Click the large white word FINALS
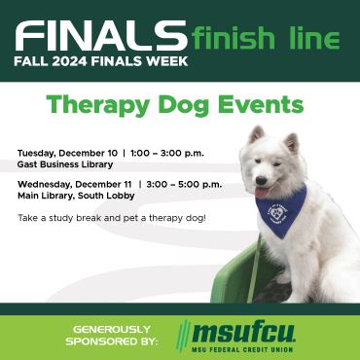(101, 35)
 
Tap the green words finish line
(266, 38)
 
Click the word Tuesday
(36, 154)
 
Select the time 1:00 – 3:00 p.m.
(167, 153)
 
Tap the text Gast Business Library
(65, 164)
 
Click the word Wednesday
(45, 185)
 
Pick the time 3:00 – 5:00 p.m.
(184, 185)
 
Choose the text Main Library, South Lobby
(76, 197)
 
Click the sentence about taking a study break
(112, 218)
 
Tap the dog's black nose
(261, 180)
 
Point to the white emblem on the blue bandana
(277, 213)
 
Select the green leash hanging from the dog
(255, 270)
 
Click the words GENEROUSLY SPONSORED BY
(111, 336)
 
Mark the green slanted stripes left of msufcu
(184, 336)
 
